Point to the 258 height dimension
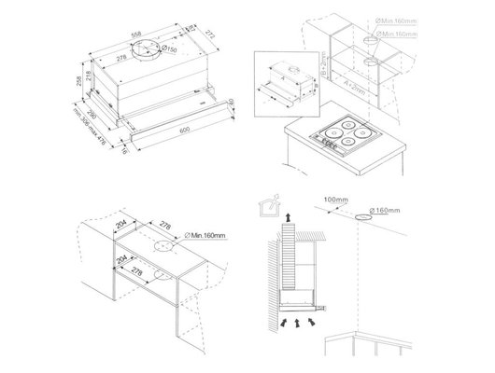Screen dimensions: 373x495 coord(79,87)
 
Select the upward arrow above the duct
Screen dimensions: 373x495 coord(288,216)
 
